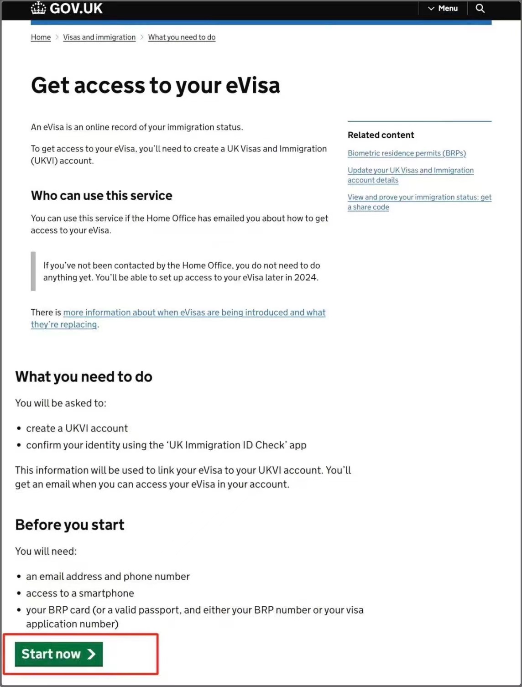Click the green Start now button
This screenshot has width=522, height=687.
point(58,654)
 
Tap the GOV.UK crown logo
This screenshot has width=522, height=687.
point(39,8)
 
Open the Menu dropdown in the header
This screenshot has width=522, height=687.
point(443,8)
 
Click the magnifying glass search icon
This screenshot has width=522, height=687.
point(480,8)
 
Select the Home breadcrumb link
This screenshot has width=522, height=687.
point(41,37)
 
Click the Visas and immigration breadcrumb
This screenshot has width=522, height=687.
point(99,37)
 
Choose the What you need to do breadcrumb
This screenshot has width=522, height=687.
point(182,37)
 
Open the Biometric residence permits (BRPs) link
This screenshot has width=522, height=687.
point(407,153)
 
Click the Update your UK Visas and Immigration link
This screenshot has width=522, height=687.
point(410,171)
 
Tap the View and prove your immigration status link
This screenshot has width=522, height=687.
point(419,198)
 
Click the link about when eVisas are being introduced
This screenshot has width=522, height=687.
point(194,312)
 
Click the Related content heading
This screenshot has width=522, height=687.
point(381,135)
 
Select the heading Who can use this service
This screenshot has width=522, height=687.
point(101,196)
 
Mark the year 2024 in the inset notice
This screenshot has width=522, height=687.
point(305,277)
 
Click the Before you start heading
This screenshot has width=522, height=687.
point(69,525)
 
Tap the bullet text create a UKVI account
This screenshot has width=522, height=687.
point(77,428)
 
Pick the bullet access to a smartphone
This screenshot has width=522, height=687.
point(80,593)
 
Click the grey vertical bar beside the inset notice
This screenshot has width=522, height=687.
point(33,271)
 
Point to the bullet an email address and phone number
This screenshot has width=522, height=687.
point(108,577)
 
